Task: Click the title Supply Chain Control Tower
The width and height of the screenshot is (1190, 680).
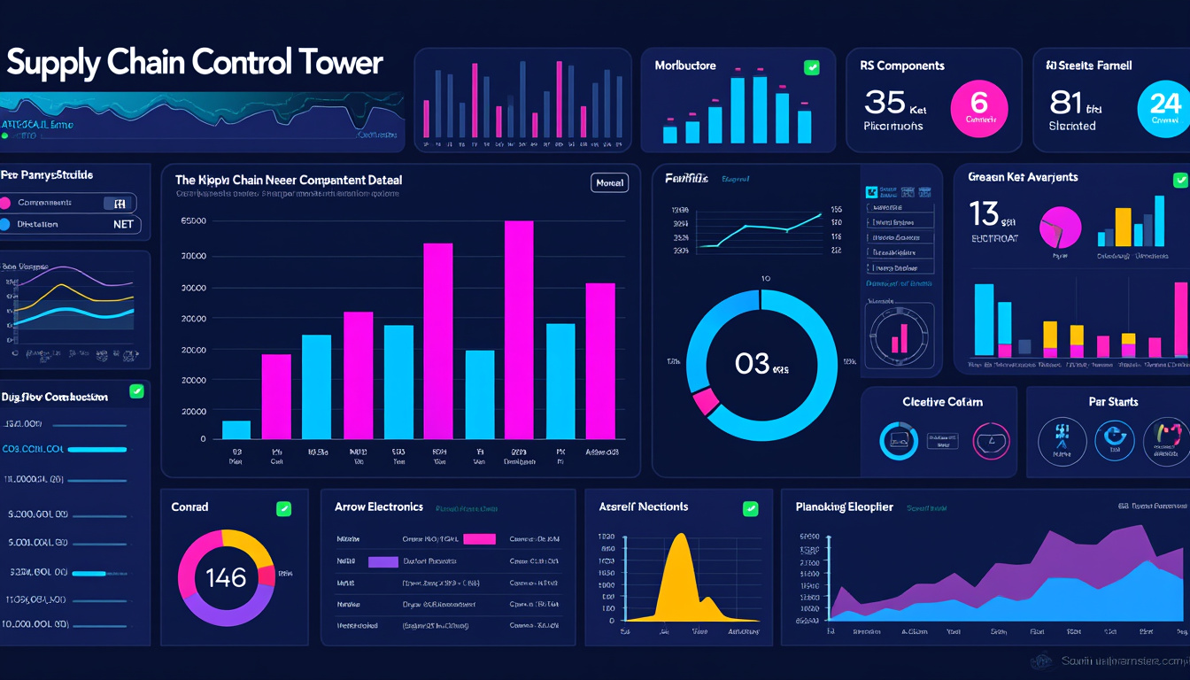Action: point(194,64)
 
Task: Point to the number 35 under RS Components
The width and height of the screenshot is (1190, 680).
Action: point(885,103)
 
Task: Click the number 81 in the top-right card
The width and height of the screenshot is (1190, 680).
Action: point(1066,103)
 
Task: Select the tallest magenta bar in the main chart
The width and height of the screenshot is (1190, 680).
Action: point(519,329)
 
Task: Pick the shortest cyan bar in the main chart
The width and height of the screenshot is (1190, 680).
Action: point(236,429)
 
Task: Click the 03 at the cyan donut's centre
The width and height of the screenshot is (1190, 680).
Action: point(752,363)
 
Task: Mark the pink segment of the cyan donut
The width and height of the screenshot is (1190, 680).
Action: point(706,401)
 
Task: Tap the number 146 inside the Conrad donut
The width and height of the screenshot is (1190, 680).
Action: point(226,578)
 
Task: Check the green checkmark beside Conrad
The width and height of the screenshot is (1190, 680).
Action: point(283,508)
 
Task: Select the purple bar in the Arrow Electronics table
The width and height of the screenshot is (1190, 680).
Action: point(382,561)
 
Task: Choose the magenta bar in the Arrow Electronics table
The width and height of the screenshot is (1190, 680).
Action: point(479,538)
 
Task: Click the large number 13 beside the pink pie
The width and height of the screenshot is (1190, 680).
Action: point(985,213)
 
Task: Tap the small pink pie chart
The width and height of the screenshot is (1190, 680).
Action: point(1060,228)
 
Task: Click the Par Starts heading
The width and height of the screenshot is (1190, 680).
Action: point(1113,402)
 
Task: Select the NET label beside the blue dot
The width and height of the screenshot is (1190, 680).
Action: point(123,225)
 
